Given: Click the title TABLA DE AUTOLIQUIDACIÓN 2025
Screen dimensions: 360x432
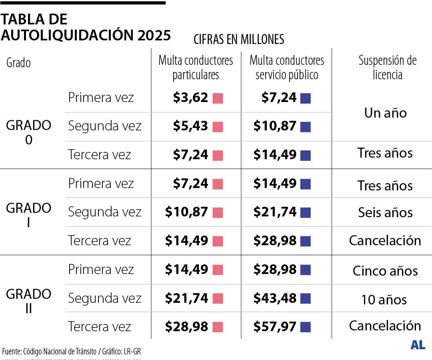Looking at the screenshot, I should tap(86, 27).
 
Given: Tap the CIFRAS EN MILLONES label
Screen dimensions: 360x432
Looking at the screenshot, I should tap(239, 39).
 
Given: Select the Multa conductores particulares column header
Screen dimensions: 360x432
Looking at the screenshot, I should tap(196, 68).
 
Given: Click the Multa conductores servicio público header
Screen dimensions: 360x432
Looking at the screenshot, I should tap(287, 68).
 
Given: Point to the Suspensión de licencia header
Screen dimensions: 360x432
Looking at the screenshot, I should tap(387, 68).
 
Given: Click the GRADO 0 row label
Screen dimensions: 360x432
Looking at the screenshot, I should tap(29, 132).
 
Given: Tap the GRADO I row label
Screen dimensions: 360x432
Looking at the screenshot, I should tap(29, 215).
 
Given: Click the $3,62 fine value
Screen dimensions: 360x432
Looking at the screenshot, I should tap(190, 98).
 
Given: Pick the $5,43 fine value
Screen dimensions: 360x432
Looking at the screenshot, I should tap(190, 126).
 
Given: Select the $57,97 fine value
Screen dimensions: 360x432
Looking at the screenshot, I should tap(275, 327).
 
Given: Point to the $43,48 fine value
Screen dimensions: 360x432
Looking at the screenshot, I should tap(275, 298).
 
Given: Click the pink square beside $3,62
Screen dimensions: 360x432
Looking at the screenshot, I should tap(218, 98).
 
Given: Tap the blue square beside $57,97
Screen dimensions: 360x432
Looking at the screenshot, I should tap(306, 327).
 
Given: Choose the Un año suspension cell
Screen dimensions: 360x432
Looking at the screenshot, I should tap(385, 113).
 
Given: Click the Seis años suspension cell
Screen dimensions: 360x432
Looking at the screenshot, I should tap(385, 213).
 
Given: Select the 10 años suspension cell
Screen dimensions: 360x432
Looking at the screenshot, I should tap(384, 300).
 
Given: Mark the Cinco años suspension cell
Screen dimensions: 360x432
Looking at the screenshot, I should tap(385, 271).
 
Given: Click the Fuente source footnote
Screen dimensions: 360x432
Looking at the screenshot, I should tap(72, 352).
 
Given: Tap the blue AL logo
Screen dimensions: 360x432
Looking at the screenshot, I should tap(418, 345).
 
